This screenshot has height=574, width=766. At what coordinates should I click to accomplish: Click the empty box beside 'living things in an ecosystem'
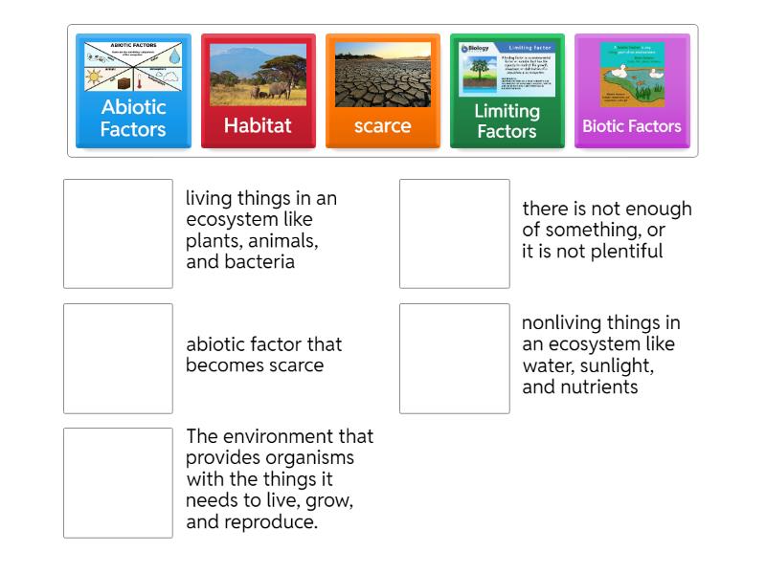click(118, 233)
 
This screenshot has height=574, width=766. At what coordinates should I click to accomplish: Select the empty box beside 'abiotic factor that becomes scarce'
click(118, 358)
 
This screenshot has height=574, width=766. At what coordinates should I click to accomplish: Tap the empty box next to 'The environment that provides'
click(118, 482)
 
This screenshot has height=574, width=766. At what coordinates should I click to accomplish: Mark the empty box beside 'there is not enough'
click(455, 233)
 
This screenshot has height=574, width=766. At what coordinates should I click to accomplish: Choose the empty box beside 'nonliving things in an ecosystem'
click(455, 358)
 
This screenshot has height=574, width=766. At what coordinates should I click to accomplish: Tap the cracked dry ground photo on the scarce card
click(382, 75)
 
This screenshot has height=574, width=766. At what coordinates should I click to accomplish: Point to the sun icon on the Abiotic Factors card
click(95, 77)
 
